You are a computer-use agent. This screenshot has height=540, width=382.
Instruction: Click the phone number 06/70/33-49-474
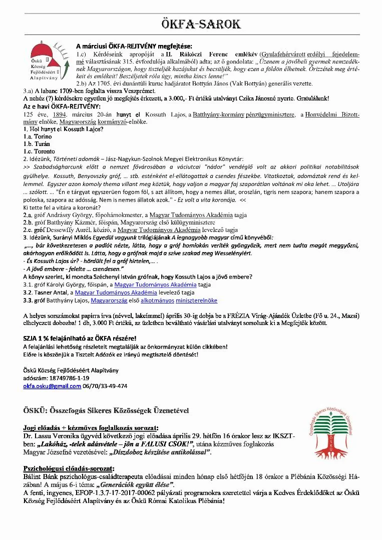point(105,386)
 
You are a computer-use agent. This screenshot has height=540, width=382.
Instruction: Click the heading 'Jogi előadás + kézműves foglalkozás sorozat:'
point(91,428)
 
